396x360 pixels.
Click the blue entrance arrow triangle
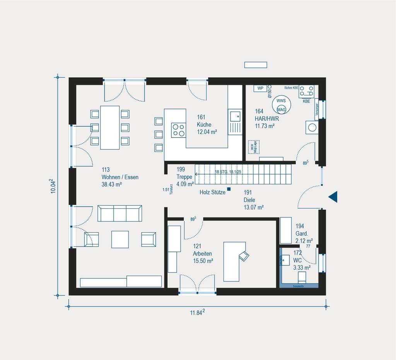334,197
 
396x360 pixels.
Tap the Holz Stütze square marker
229,189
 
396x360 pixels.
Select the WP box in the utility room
260,88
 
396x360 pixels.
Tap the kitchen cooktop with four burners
178,129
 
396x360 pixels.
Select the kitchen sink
234,115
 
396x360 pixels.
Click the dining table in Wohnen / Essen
110,127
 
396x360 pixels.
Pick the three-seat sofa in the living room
119,213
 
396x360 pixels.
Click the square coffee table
120,239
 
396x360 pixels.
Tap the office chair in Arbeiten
244,255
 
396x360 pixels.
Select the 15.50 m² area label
203,261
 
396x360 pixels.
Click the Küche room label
204,125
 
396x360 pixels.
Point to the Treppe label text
184,177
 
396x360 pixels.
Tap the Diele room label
249,200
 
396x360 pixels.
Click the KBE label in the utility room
306,101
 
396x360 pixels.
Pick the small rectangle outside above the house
256,65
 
